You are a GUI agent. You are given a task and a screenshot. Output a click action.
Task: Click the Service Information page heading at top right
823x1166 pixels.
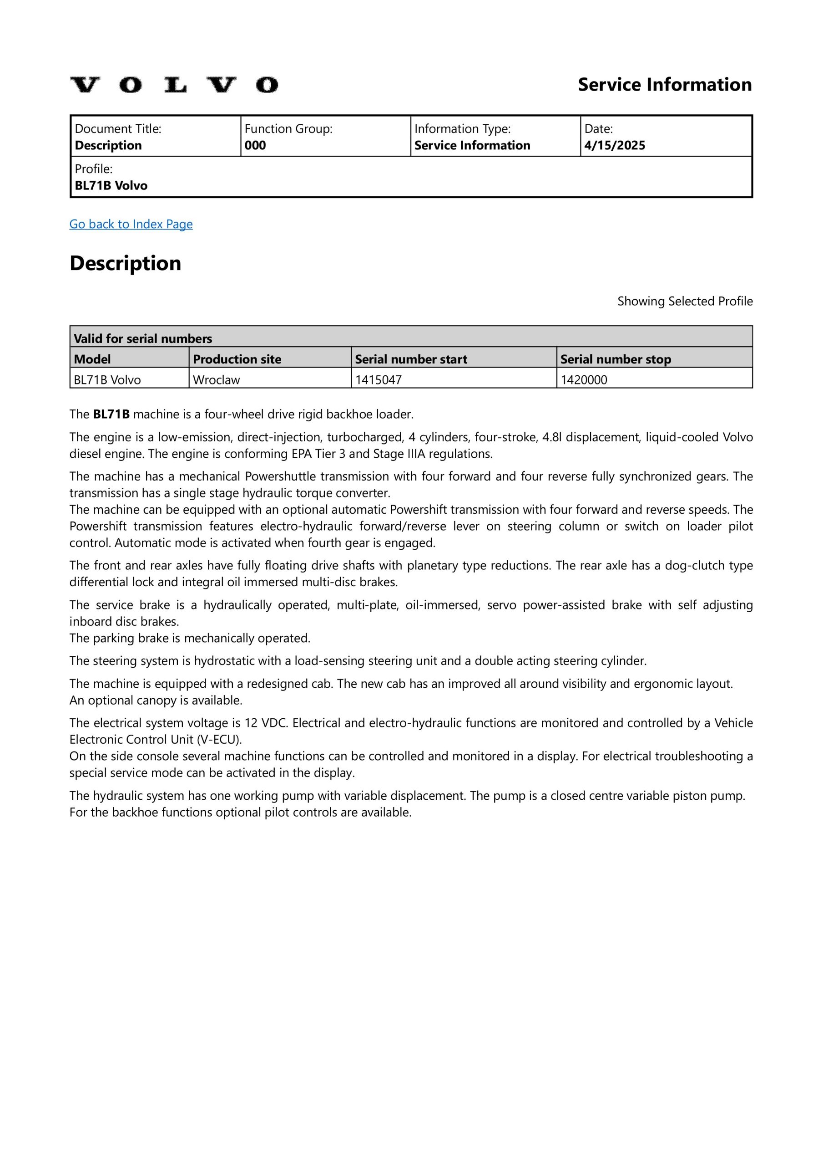click(664, 85)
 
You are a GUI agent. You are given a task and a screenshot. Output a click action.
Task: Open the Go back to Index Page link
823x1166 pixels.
click(131, 224)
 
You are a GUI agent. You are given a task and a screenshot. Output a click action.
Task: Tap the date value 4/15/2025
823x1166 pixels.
click(615, 146)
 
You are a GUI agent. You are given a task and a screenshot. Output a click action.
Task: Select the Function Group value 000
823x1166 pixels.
click(255, 146)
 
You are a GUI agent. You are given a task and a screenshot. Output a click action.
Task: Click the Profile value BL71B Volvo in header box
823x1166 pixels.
click(111, 186)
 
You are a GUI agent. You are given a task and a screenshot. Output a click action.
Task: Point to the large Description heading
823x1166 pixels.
click(125, 264)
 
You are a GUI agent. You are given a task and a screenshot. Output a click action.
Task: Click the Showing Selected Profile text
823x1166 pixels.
click(685, 302)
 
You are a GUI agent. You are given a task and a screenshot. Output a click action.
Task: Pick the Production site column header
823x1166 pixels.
click(237, 359)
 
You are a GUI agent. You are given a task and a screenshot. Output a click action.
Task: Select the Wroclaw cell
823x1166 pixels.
click(217, 380)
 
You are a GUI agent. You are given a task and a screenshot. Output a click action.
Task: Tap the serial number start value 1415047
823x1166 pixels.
click(379, 380)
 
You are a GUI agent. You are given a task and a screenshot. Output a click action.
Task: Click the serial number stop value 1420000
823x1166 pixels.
click(584, 380)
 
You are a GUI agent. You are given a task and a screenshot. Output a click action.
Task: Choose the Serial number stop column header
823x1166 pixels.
click(616, 359)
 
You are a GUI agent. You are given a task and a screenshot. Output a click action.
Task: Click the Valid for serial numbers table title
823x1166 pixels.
click(143, 339)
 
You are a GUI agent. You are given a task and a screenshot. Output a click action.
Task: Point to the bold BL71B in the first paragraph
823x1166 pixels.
click(111, 414)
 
